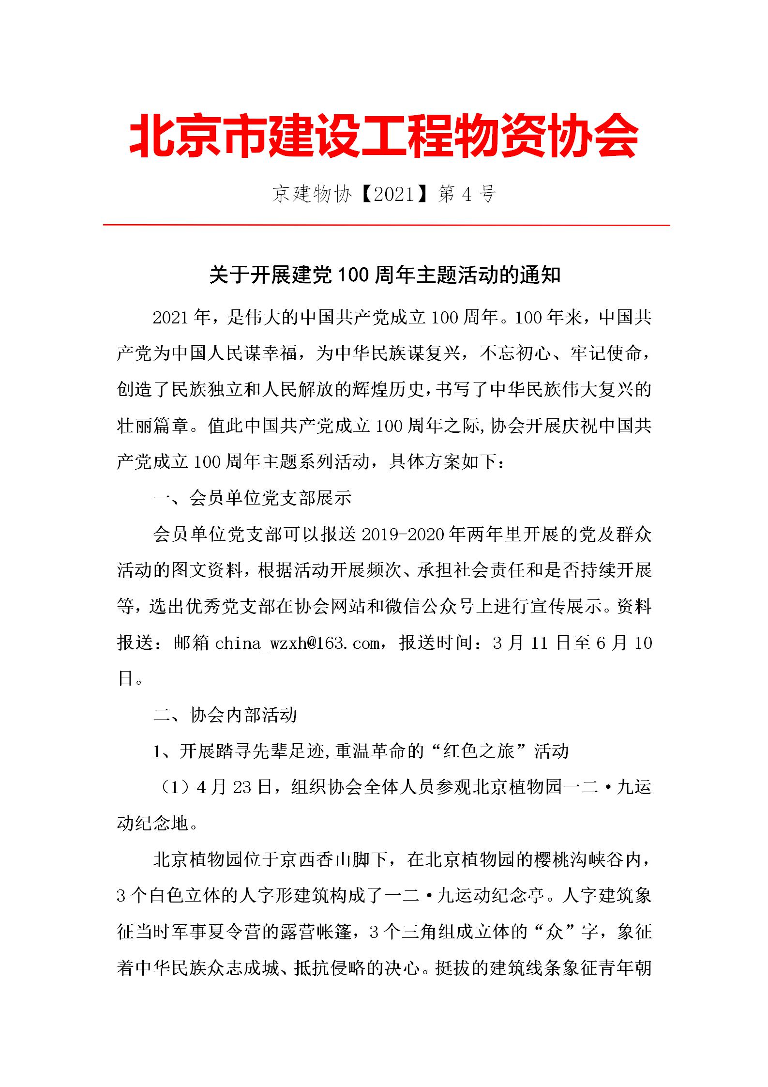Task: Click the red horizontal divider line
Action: (x=386, y=225)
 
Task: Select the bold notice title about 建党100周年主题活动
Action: (x=385, y=276)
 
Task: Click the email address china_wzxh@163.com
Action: (x=297, y=643)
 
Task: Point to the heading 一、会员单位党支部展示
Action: (x=252, y=499)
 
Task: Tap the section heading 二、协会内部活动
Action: (x=225, y=716)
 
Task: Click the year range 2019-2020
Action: (x=404, y=535)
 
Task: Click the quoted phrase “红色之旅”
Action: (x=476, y=751)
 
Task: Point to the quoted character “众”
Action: (x=554, y=933)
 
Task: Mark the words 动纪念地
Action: (x=152, y=824)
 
